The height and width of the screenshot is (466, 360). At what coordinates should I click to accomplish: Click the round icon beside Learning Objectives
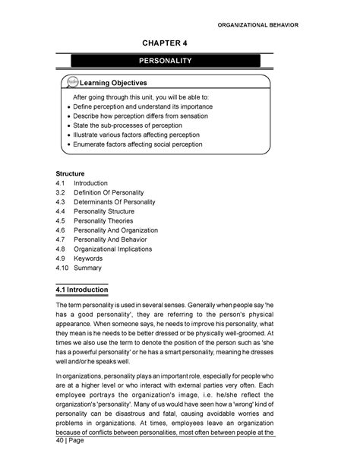(x=74, y=81)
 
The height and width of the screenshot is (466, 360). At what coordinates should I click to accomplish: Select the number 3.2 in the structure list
(x=62, y=194)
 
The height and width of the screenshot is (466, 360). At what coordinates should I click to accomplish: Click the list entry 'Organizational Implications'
(x=118, y=249)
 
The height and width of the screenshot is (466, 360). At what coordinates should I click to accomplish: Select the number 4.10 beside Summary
(x=63, y=268)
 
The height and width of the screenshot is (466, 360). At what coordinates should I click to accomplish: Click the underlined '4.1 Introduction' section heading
(x=83, y=290)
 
